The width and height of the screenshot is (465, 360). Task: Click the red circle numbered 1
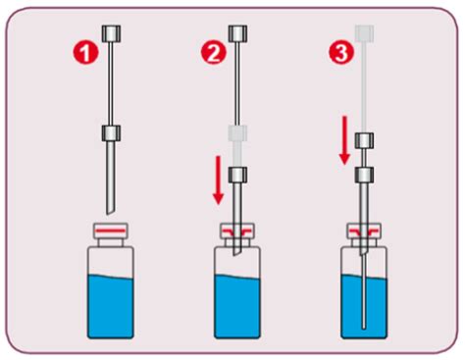click(85, 54)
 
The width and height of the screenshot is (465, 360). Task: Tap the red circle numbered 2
click(213, 54)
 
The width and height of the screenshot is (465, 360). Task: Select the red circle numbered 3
click(341, 54)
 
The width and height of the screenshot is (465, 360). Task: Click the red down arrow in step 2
click(218, 180)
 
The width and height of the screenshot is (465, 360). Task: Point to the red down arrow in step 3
click(344, 139)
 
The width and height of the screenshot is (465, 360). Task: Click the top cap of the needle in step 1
click(112, 33)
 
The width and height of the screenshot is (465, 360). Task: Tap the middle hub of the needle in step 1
click(111, 133)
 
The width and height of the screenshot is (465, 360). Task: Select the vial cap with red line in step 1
click(111, 231)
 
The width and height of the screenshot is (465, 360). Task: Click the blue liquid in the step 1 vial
click(111, 306)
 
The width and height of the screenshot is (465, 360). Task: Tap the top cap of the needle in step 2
click(237, 33)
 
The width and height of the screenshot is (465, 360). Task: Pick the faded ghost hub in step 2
click(237, 133)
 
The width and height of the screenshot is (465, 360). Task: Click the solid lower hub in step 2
click(237, 175)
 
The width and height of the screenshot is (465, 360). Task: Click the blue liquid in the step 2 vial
click(237, 306)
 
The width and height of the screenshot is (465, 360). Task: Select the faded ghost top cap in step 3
click(364, 33)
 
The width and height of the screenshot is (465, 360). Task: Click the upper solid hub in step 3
click(364, 140)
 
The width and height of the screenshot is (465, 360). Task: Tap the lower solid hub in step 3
click(364, 175)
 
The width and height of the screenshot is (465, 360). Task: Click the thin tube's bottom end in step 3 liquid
click(364, 328)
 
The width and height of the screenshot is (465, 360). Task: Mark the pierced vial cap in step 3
click(364, 231)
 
